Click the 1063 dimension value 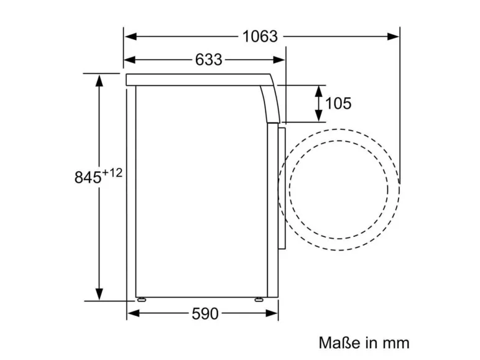[x=260, y=37]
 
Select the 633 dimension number [x=208, y=60]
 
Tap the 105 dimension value [x=338, y=103]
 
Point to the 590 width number [x=205, y=313]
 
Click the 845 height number [x=88, y=177]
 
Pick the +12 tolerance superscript [x=112, y=173]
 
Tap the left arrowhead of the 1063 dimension [x=131, y=37]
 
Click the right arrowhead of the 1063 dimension [x=393, y=37]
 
